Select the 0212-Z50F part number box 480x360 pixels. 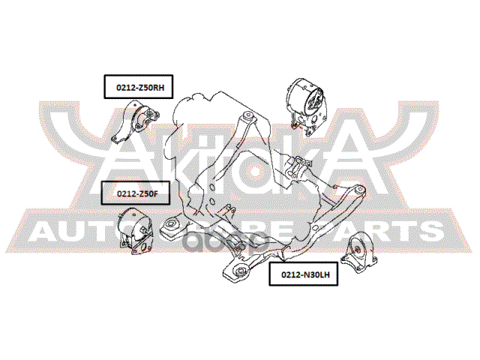[132, 193]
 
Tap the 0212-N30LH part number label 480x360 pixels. [304, 275]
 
